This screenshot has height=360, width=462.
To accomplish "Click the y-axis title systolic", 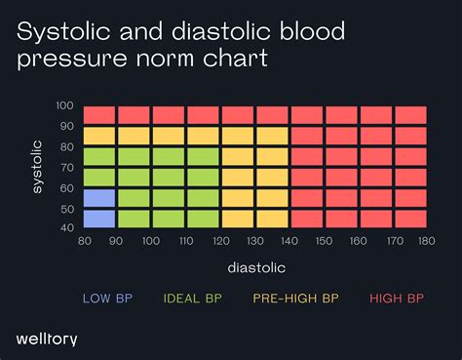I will tap(37, 167).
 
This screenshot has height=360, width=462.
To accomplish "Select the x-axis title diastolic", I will tap(255, 264).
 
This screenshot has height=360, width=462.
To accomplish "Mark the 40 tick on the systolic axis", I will tap(66, 228).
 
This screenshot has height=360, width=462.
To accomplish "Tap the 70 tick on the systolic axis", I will tap(66, 167).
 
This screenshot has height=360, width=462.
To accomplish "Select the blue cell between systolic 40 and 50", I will tap(99, 219).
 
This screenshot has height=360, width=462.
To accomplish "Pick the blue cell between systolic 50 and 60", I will tap(99, 198).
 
